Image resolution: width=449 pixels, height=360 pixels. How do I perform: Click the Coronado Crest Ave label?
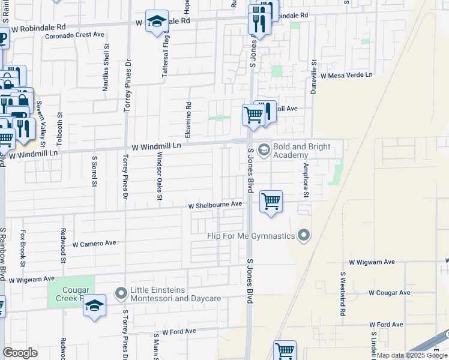coord(75,35)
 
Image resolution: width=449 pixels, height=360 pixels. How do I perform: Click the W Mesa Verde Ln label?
coord(346,76)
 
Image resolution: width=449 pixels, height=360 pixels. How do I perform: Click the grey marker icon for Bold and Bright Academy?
coord(264,149)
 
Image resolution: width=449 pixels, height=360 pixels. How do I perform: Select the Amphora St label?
coord(306,179)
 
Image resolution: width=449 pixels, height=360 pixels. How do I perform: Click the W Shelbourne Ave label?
coord(215,205)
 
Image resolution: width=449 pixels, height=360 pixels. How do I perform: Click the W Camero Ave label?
coord(94,244)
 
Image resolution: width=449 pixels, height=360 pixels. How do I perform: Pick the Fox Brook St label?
coord(23,248)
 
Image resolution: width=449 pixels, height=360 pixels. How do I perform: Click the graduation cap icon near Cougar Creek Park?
coord(95,305)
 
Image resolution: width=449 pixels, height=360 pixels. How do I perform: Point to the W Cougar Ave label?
coord(390,293)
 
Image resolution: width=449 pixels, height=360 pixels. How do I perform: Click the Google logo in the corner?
coord(20,353)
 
